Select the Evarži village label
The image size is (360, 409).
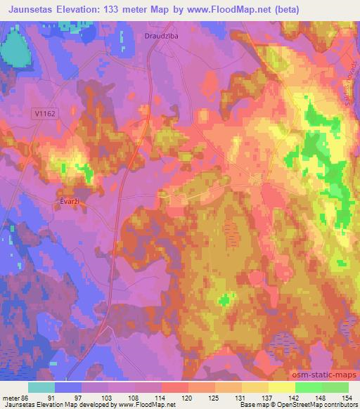pyautogui.click(x=67, y=200)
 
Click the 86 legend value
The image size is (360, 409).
pyautogui.click(x=24, y=397)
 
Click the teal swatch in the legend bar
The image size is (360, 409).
pyautogui.click(x=41, y=387)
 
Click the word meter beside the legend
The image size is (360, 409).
pyautogui.click(x=9, y=397)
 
